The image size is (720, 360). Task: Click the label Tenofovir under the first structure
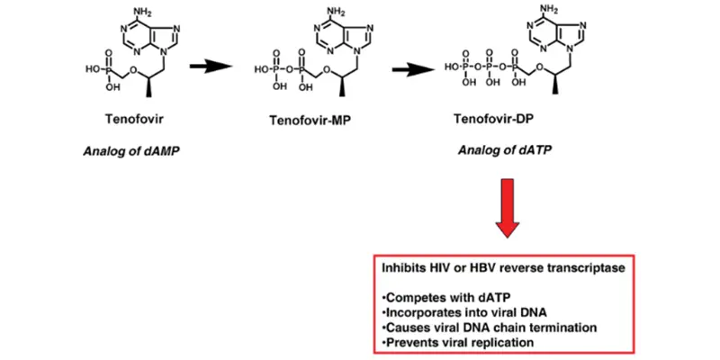[x=133, y=118]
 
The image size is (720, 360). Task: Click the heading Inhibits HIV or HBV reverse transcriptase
[x=490, y=269]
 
